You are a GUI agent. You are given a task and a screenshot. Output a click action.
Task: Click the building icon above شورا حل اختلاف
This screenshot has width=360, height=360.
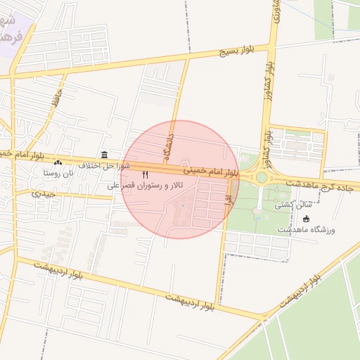(x=104, y=155)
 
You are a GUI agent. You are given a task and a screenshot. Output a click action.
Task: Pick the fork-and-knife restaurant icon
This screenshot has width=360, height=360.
(x=145, y=174)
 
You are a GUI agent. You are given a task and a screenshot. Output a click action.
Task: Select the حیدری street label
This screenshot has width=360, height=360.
(x=42, y=193)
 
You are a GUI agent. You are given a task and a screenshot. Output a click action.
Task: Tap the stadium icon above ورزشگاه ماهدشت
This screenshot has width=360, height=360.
(x=306, y=219)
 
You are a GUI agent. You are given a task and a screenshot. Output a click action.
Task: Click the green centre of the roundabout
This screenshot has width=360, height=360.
(x=262, y=178)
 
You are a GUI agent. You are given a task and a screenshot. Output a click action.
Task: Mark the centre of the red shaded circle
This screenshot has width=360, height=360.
(x=180, y=179)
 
